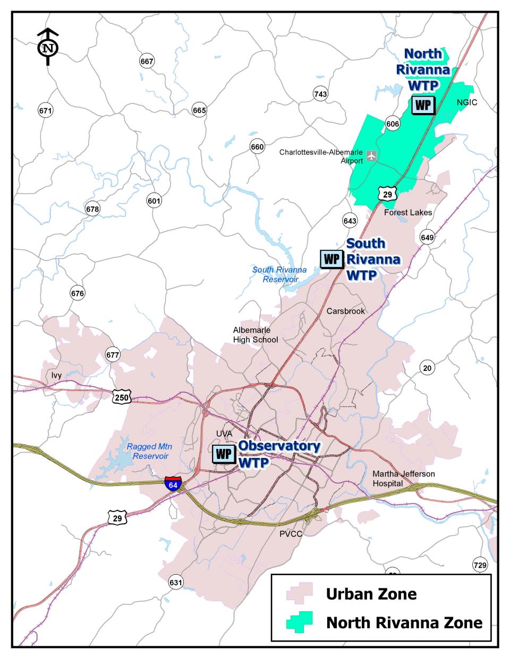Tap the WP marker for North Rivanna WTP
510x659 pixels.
click(423, 105)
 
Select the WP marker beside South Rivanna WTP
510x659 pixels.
click(331, 259)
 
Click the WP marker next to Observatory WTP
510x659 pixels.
click(224, 454)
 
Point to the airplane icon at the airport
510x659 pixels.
click(371, 156)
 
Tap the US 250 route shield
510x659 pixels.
click(122, 396)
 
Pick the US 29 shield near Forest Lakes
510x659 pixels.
click(387, 194)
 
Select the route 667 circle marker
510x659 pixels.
click(147, 62)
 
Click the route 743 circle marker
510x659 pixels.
click(320, 94)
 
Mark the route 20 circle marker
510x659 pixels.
click(427, 367)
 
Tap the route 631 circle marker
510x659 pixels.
click(176, 583)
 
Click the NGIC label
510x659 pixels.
click(467, 102)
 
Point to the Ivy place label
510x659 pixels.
click(57, 376)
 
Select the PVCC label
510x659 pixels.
click(291, 534)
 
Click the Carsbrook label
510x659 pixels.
click(346, 311)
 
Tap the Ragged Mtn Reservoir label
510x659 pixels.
click(150, 451)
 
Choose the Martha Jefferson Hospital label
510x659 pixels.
click(396, 479)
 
